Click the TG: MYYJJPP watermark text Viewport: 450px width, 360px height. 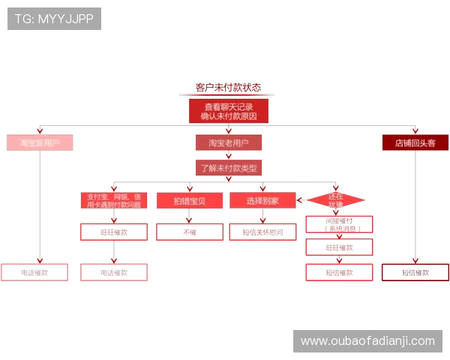coord(54,19)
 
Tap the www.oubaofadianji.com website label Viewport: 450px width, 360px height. coord(367,341)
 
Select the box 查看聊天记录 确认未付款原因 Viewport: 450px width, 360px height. coord(228,112)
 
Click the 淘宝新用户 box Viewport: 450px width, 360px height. coord(40,142)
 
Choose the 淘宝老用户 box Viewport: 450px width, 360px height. coord(228,142)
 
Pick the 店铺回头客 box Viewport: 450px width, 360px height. coord(415,142)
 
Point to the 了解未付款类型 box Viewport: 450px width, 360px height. coord(228,168)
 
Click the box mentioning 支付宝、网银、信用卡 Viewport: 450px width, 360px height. coord(114,200)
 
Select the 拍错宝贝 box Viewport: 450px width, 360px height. coord(189,201)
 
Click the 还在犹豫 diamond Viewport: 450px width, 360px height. coord(335,200)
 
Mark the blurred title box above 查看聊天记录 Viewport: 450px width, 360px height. coord(228,88)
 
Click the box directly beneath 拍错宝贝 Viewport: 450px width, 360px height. coord(189,232)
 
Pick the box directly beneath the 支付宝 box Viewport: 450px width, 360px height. coord(114,232)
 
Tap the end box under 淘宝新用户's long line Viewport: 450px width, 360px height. coord(34,272)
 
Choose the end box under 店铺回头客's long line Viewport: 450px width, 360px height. coord(415,272)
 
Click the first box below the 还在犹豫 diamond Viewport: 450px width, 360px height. coord(339,223)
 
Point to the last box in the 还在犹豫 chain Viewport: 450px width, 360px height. coord(339,272)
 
